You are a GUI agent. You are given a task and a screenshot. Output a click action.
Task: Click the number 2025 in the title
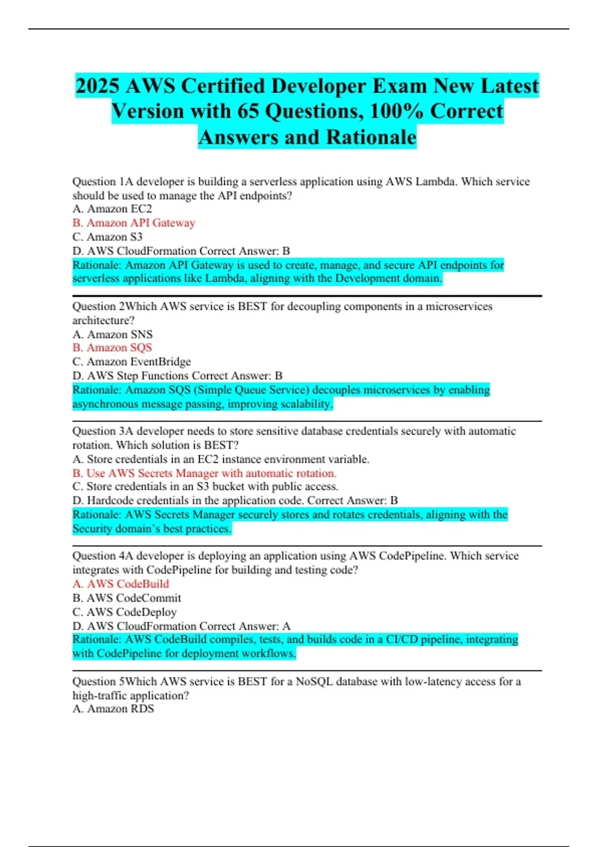click(x=98, y=86)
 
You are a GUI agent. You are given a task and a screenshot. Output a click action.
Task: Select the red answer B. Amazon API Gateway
click(x=134, y=223)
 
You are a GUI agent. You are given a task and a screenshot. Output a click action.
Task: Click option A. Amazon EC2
click(x=112, y=209)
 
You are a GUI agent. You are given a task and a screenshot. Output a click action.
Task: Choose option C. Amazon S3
click(x=107, y=237)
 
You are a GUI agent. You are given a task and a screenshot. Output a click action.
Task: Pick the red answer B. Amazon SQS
click(x=112, y=348)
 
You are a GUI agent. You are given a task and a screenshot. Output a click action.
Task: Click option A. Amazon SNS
click(x=112, y=334)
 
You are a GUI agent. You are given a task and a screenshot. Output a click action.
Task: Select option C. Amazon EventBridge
click(x=132, y=362)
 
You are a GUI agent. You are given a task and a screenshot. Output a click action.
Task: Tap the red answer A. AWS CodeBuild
click(x=121, y=584)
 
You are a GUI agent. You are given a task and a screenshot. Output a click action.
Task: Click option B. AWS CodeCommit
click(x=127, y=598)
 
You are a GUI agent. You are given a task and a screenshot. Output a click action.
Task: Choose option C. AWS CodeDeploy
click(x=125, y=612)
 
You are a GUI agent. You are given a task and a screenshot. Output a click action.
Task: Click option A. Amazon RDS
click(x=113, y=708)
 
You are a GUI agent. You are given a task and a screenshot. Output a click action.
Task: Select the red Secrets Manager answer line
click(x=204, y=473)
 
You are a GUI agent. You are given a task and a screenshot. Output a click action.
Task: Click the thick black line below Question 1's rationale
click(x=307, y=296)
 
